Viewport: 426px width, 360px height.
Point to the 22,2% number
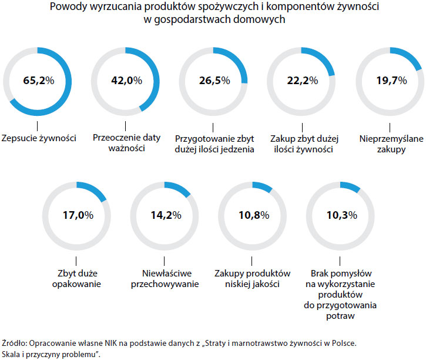pos(302,81)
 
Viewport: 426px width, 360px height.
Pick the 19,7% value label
pos(390,81)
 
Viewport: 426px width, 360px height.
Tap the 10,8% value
pos(253,215)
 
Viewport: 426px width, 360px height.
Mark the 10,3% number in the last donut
pos(341,215)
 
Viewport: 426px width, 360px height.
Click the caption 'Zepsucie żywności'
pos(38,139)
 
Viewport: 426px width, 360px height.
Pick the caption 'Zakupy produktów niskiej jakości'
pos(253,279)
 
